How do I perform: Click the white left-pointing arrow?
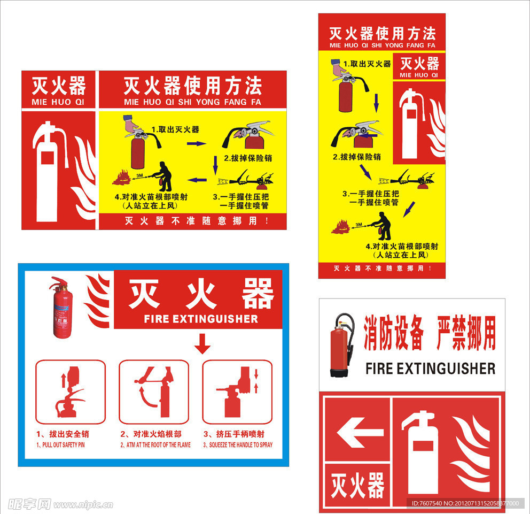tap(357, 431)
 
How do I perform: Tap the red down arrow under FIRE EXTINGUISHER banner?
tap(202, 343)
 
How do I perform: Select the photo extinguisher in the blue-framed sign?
tap(61, 308)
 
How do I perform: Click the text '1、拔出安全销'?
tap(63, 434)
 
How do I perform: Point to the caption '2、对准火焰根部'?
tap(151, 434)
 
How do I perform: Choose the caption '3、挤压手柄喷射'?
tap(234, 434)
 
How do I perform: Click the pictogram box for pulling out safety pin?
tap(71, 392)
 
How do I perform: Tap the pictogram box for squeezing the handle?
tap(237, 392)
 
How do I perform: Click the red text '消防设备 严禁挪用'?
tap(430, 333)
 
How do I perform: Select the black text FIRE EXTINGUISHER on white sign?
tap(430, 369)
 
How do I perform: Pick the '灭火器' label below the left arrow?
tap(357, 486)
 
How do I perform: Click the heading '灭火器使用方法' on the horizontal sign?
tap(192, 86)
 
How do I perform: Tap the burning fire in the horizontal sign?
tap(121, 177)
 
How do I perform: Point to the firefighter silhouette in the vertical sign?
tap(383, 226)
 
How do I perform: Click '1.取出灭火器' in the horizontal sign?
tap(175, 129)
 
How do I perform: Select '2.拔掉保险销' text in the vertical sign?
tap(357, 157)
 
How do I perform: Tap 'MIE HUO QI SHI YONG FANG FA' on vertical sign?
tap(382, 45)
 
